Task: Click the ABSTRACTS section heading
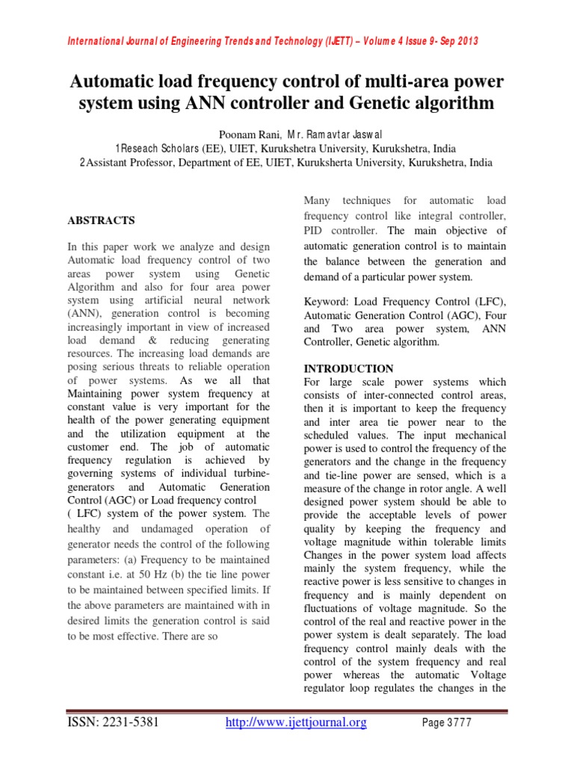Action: pyautogui.click(x=102, y=220)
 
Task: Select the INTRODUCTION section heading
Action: pyautogui.click(x=348, y=368)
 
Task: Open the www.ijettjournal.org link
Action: pyautogui.click(x=296, y=722)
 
